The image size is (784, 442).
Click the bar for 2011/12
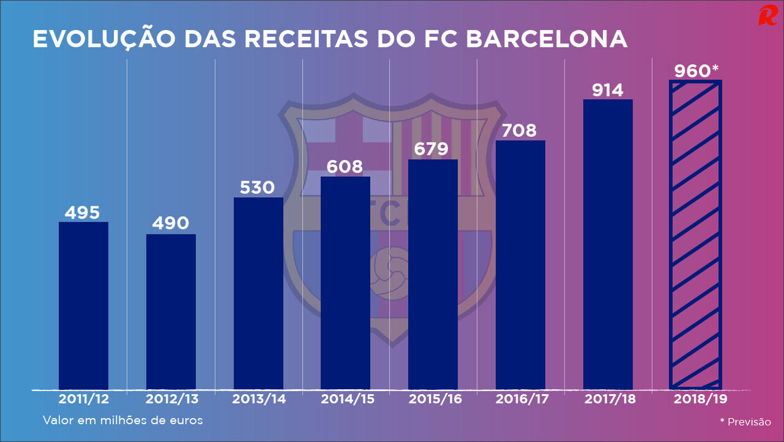coord(83,305)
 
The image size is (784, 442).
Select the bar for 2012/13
coord(171,311)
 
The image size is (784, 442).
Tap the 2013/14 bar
coord(258,293)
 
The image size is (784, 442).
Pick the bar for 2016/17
coord(520,265)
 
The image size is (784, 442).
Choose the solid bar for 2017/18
coord(607,244)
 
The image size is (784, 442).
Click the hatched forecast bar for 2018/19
coord(695,235)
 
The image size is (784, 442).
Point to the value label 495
coord(82,212)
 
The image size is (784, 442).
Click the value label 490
coord(170,223)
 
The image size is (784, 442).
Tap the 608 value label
coord(345,166)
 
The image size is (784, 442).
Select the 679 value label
coord(432,149)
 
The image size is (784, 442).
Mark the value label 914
coord(607,90)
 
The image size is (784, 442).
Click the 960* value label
coord(696,71)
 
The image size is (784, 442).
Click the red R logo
coord(767,15)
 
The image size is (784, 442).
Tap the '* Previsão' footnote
coord(745,422)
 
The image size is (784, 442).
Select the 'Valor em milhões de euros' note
coord(123,421)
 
